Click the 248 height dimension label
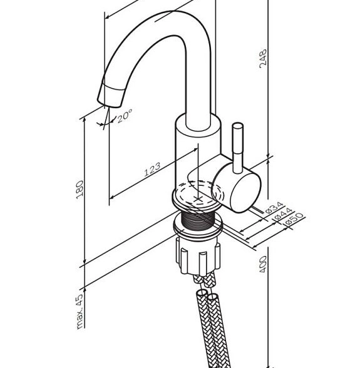click(x=263, y=59)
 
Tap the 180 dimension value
click(x=80, y=190)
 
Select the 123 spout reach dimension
click(x=152, y=169)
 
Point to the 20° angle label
click(x=125, y=115)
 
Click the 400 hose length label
click(x=263, y=264)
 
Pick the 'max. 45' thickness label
click(x=80, y=312)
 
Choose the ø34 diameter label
click(x=274, y=208)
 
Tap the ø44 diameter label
click(x=284, y=214)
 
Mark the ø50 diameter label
click(x=294, y=219)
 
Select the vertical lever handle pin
click(x=237, y=148)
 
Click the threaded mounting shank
click(x=197, y=221)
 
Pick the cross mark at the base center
click(x=198, y=200)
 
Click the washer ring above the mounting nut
click(x=198, y=228)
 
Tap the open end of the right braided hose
click(x=213, y=297)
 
